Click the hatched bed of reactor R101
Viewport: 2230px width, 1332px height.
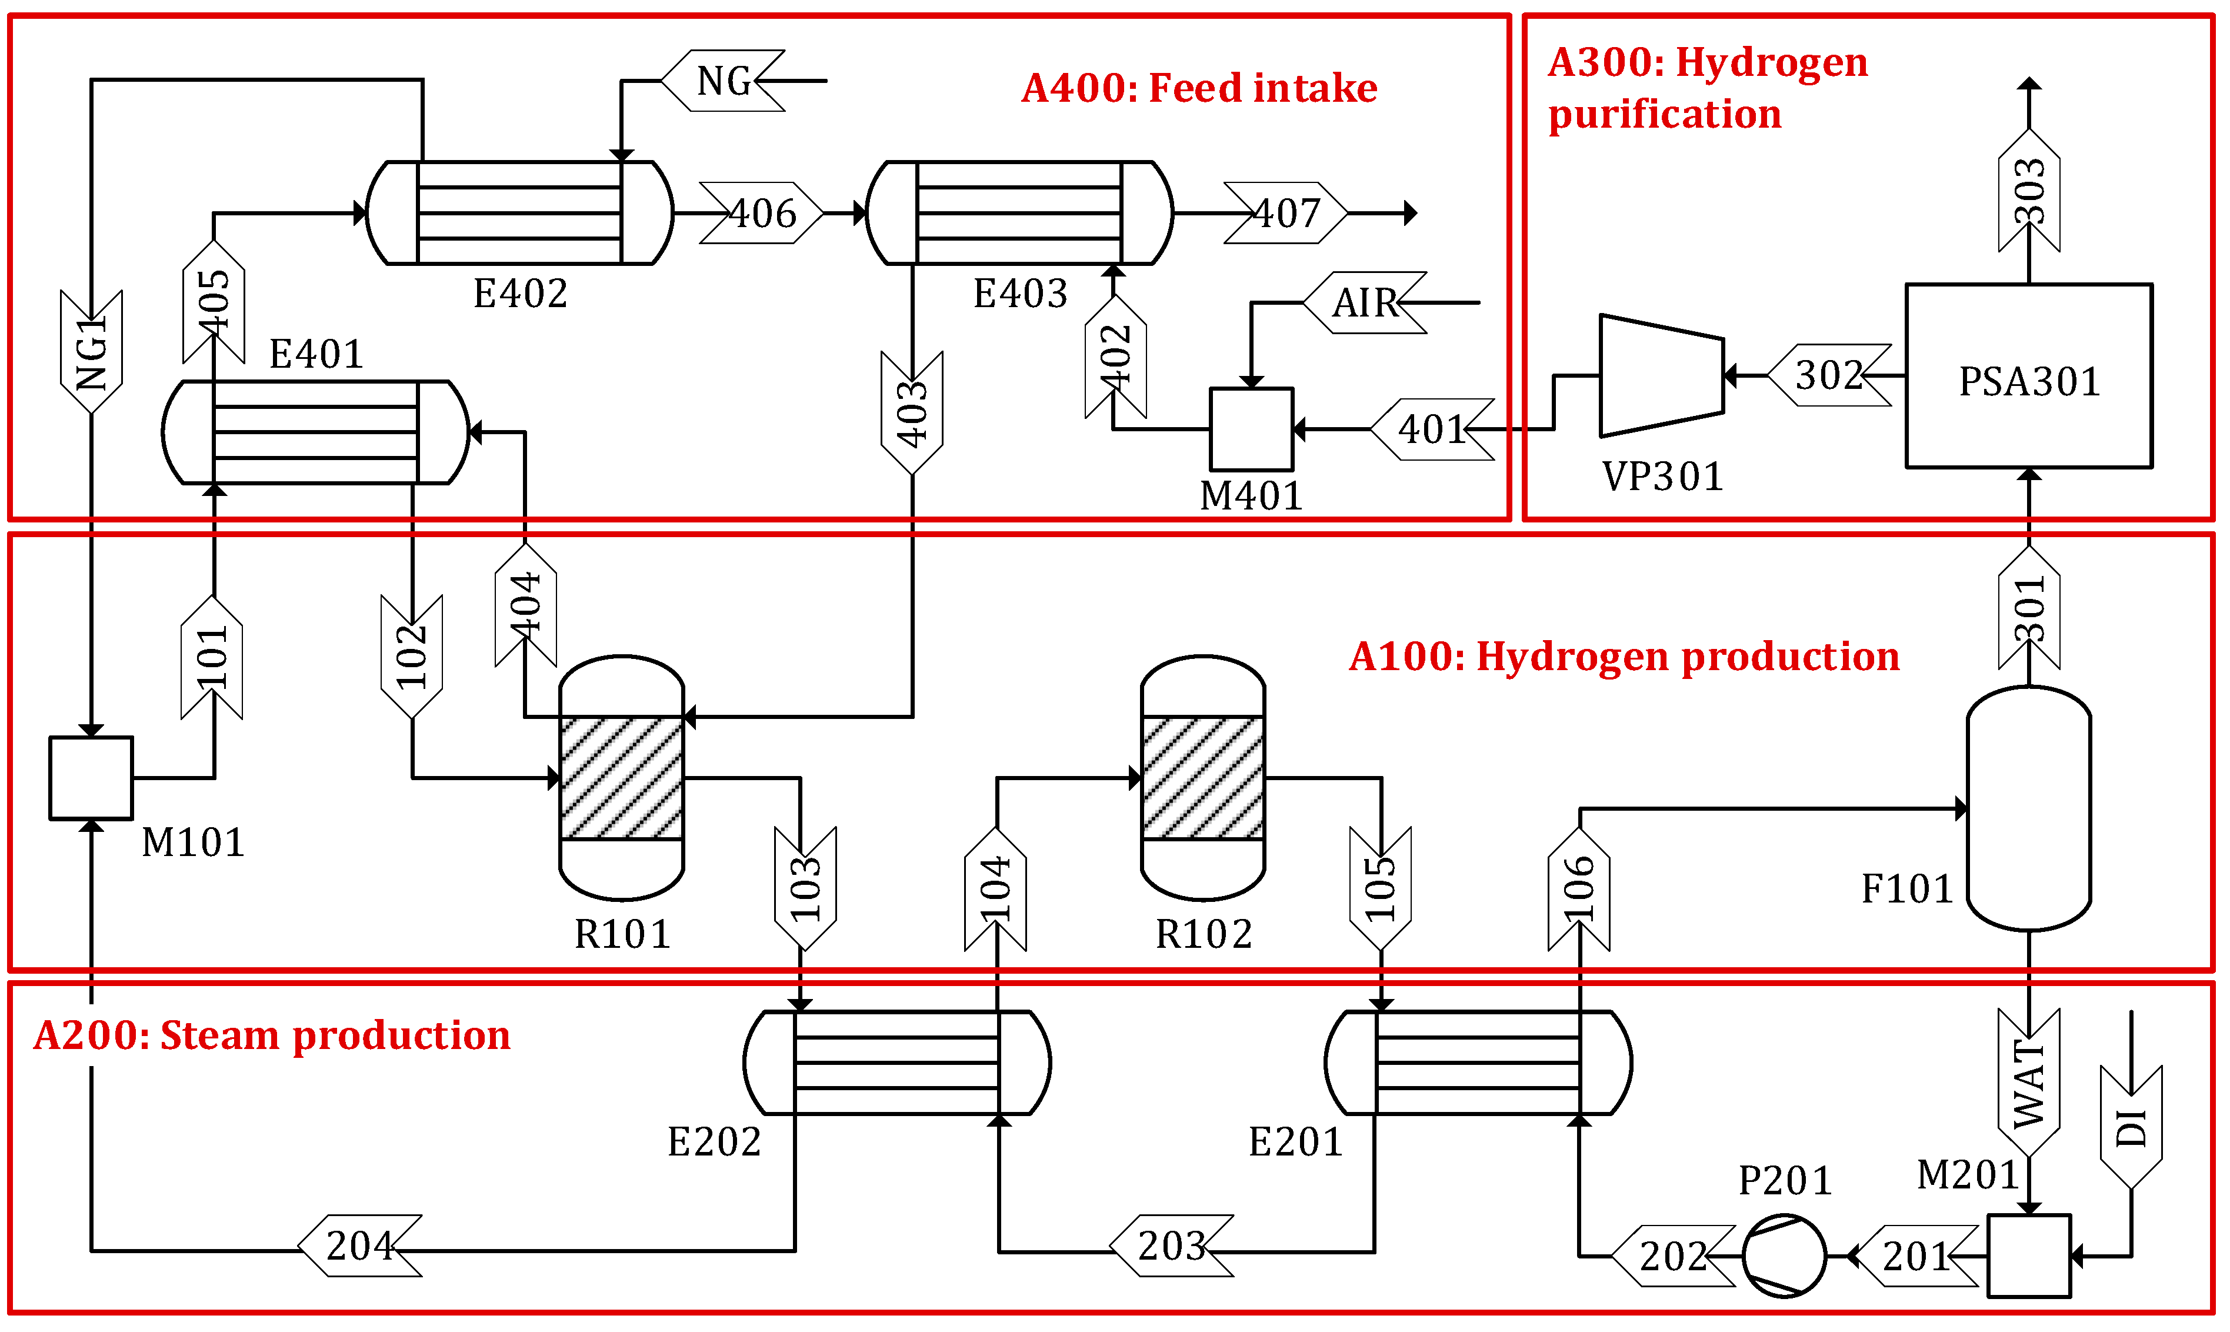621,778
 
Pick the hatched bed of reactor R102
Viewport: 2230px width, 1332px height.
1202,778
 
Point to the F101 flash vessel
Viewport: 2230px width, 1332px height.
2028,808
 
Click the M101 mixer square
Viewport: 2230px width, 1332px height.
91,778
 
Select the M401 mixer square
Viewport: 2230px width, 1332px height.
1251,429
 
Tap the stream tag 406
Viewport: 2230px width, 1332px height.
761,213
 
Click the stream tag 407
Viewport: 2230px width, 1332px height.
1285,213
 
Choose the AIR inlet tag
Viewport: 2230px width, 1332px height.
1364,302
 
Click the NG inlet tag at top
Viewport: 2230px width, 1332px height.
724,81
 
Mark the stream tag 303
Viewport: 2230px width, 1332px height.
2029,190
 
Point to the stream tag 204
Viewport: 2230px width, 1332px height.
359,1246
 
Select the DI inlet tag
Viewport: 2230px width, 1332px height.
2131,1127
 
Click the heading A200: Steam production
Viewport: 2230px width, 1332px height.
272,1035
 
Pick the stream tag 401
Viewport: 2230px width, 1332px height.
1432,429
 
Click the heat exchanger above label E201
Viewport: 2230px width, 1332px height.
1478,1063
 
